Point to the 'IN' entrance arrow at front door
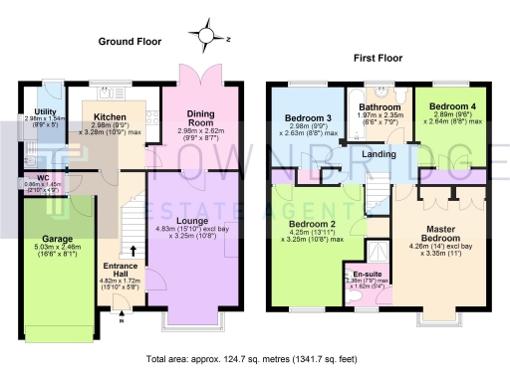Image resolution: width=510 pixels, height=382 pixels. tap(123, 320)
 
